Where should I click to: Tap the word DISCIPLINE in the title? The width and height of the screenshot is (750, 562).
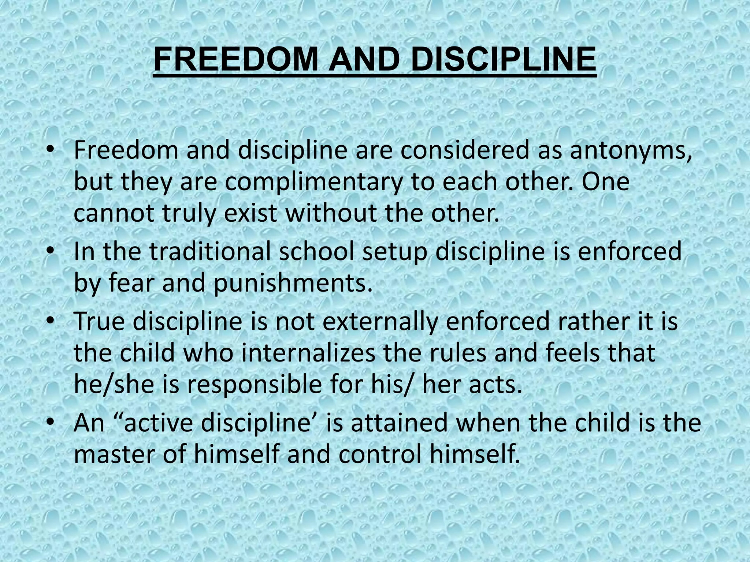coord(503,60)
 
